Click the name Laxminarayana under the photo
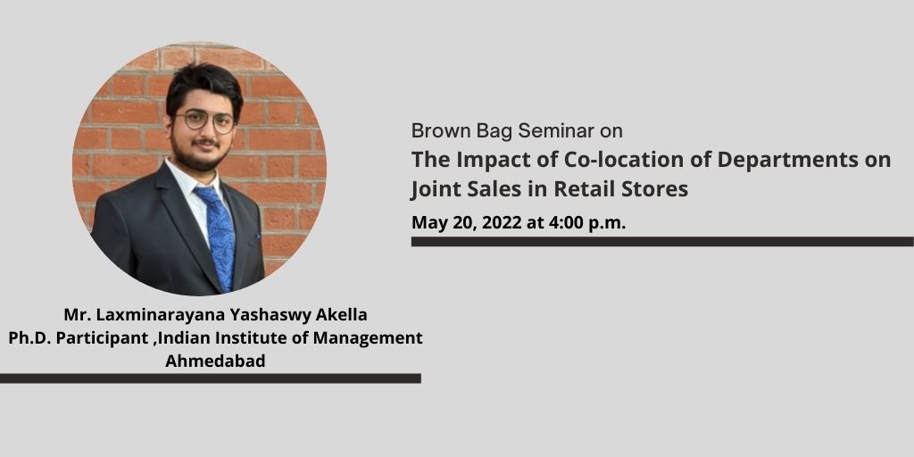[x=149, y=315]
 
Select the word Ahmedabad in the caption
[x=215, y=361]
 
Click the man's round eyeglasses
[x=205, y=120]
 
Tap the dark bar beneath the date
[x=662, y=241]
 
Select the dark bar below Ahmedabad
[x=211, y=378]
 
